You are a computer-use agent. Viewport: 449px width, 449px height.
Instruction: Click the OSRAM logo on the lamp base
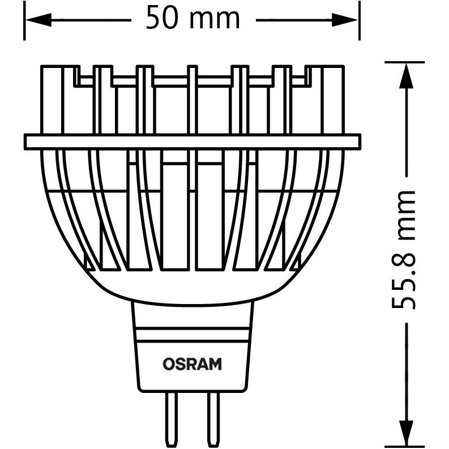[x=192, y=364]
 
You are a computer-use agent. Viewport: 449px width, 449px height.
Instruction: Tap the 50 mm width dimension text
[x=193, y=17]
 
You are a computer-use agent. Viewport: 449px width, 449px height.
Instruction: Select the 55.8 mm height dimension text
[x=403, y=250]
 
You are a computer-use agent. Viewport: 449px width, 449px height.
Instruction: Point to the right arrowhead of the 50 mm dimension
[x=345, y=20]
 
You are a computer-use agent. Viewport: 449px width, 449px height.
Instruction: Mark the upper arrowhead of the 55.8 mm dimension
[x=406, y=76]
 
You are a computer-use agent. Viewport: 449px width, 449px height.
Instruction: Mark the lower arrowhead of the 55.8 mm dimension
[x=406, y=434]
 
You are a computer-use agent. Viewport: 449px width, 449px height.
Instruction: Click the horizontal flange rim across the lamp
[x=193, y=142]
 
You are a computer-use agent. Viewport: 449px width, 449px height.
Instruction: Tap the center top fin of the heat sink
[x=192, y=100]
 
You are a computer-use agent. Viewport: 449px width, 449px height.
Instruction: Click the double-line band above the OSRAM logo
[x=192, y=335]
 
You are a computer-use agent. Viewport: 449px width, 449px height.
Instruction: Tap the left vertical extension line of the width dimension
[x=24, y=20]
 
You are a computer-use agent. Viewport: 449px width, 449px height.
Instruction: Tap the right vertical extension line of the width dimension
[x=360, y=20]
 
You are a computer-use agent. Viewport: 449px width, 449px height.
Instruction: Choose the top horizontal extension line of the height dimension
[x=405, y=62]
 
